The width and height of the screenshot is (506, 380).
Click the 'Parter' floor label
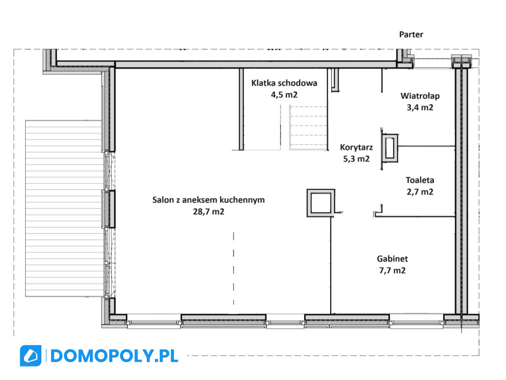point(411,35)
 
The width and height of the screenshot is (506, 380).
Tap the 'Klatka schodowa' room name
point(284,83)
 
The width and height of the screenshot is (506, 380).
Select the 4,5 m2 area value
point(284,95)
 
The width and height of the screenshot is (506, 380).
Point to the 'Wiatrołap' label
point(420,96)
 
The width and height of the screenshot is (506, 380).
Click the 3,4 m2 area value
point(420,108)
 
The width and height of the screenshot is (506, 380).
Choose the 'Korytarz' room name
point(356,147)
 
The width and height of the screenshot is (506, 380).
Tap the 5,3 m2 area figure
point(356,159)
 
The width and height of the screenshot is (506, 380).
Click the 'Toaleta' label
point(420,180)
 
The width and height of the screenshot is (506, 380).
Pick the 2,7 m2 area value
point(420,192)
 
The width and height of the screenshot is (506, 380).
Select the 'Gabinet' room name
point(392,259)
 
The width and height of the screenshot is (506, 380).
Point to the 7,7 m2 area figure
point(392,270)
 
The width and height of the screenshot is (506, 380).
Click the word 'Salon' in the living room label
point(162,200)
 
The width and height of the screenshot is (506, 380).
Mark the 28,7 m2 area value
point(209,212)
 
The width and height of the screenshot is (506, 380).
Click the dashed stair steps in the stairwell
point(308,128)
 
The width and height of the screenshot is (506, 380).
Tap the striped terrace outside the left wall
point(64,208)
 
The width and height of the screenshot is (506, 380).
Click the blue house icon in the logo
point(31,356)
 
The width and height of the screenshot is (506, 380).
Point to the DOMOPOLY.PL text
point(114,356)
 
